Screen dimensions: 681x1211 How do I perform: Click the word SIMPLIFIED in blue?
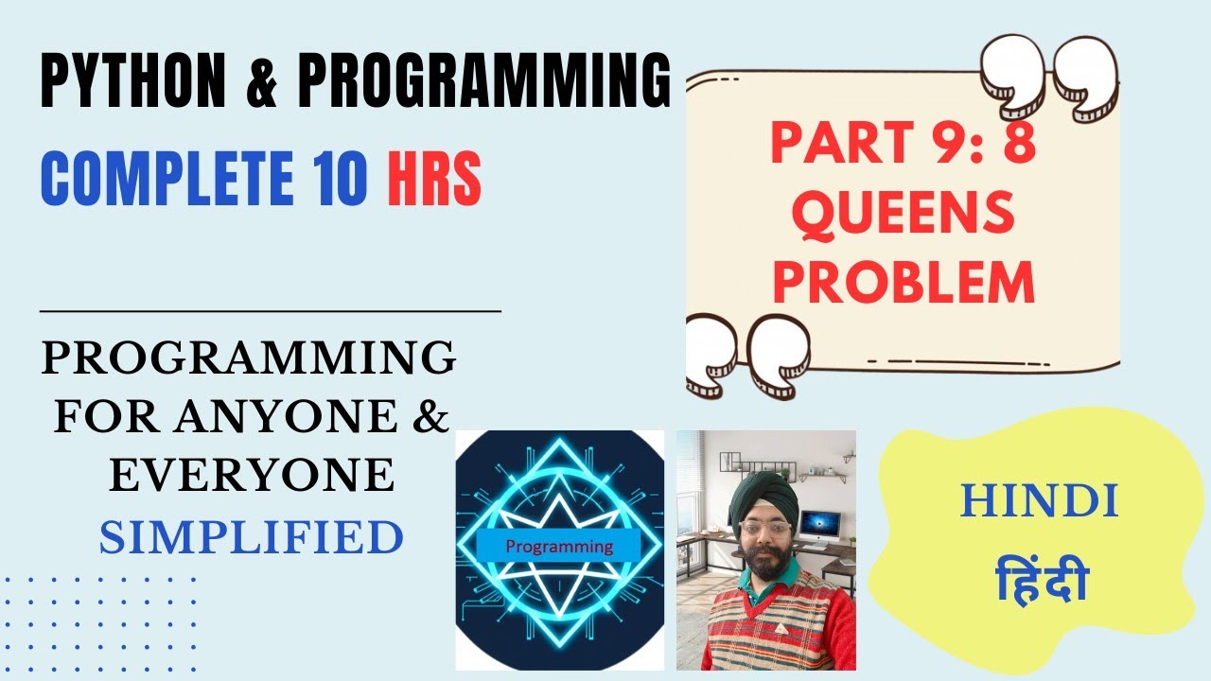pos(251,536)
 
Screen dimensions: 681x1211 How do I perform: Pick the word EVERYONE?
pos(251,475)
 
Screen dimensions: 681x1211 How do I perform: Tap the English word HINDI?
pos(1039,501)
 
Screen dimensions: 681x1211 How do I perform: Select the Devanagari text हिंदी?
pos(1041,579)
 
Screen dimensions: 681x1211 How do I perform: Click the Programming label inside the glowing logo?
pos(558,547)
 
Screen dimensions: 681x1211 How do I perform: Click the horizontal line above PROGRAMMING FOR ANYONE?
pos(271,309)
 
